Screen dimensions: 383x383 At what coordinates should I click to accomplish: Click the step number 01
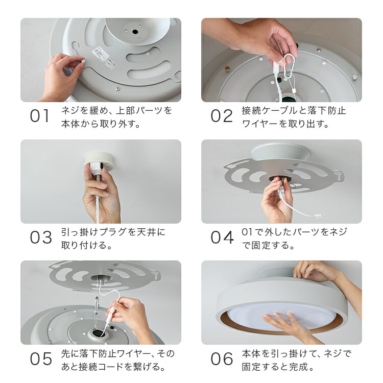40,116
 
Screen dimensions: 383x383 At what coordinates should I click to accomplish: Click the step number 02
222,116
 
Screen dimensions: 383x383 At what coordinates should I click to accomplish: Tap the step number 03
41,237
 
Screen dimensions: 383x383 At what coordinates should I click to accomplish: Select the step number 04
222,237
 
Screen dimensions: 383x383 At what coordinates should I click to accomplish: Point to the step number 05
41,359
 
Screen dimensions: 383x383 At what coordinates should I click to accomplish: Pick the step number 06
222,359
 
